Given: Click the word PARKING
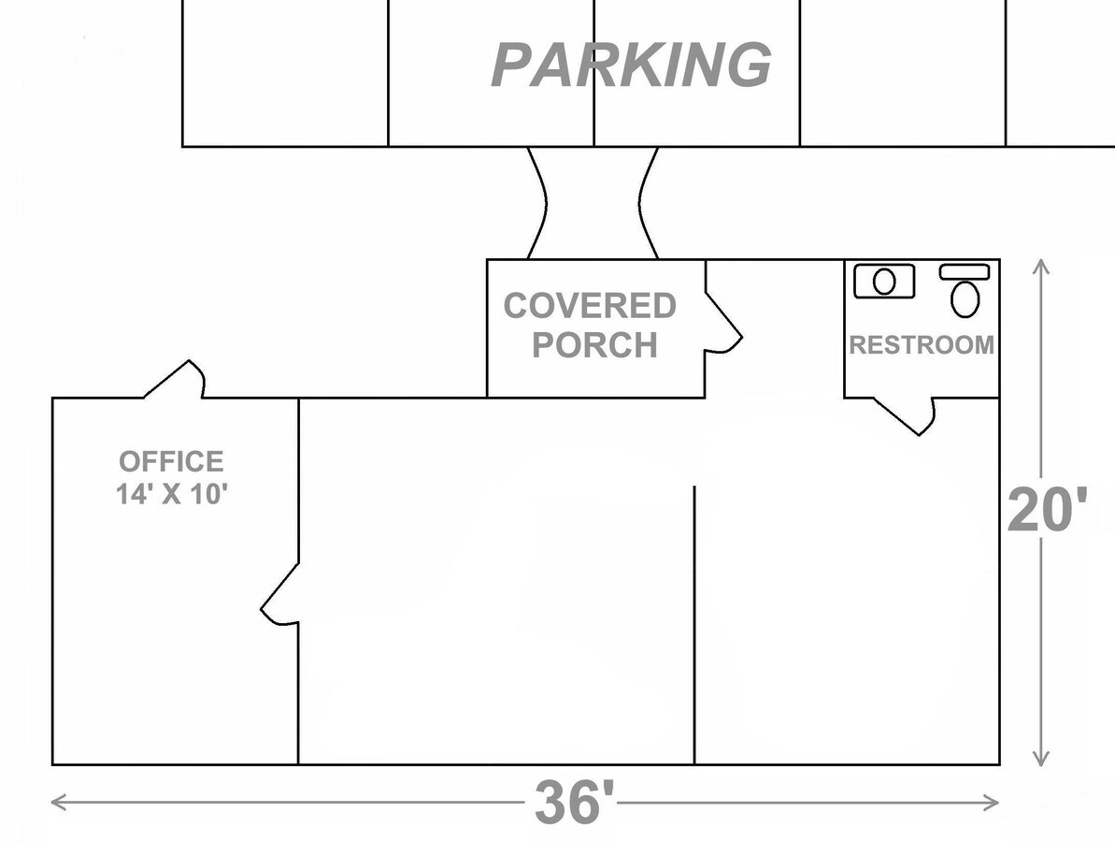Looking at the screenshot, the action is pyautogui.click(x=632, y=65).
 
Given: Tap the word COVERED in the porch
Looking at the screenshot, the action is pyautogui.click(x=590, y=305).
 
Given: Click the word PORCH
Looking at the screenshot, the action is pyautogui.click(x=594, y=344).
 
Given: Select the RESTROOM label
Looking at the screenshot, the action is pyautogui.click(x=922, y=344).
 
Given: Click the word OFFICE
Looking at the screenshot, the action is pyautogui.click(x=171, y=461).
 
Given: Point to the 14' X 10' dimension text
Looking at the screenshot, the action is pyautogui.click(x=171, y=493).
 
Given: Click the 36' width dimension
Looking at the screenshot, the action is pyautogui.click(x=574, y=802).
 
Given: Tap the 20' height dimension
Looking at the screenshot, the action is pyautogui.click(x=1048, y=510).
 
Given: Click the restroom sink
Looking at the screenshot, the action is pyautogui.click(x=884, y=282).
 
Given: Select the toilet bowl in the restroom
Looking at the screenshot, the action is pyautogui.click(x=965, y=299).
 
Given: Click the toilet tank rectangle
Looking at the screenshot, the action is pyautogui.click(x=965, y=272).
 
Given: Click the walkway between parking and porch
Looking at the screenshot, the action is pyautogui.click(x=593, y=203).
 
